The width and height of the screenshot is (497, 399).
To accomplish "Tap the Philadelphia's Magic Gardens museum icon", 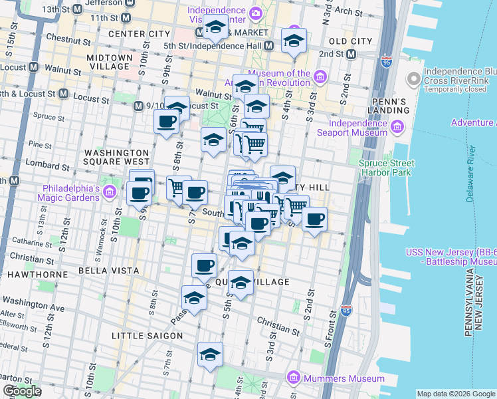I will [x=110, y=192].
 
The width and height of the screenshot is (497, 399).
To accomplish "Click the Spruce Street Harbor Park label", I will [x=387, y=168].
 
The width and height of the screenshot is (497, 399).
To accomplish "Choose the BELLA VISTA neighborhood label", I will [x=108, y=271].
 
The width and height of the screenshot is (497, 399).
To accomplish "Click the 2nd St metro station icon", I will [x=351, y=54].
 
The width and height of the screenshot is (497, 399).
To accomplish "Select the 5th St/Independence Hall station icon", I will [x=269, y=46].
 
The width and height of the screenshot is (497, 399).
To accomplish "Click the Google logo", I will [x=22, y=391].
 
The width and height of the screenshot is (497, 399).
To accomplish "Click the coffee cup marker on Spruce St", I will [x=166, y=122].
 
